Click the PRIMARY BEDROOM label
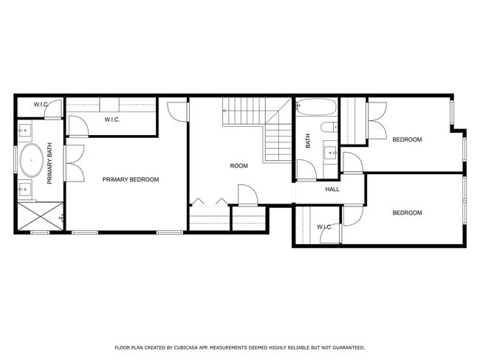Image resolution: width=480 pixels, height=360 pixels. click(131, 179)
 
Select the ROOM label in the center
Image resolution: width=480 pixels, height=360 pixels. click(239, 166)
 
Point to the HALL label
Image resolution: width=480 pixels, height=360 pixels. click(332, 190)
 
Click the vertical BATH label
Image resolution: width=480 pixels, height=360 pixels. click(308, 140)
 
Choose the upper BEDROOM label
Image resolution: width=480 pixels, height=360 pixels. click(406, 139)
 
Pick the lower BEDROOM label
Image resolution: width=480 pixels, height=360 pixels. click(406, 213)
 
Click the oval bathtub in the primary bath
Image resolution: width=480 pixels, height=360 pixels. click(31, 160)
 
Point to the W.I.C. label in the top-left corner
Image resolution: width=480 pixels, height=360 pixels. click(41, 105)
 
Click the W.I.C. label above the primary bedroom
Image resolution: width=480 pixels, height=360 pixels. click(112, 120)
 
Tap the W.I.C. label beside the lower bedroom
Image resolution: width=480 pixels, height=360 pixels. click(324, 227)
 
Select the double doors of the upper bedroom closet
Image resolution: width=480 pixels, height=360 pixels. click(377, 118)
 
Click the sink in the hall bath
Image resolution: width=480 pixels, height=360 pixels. click(330, 154)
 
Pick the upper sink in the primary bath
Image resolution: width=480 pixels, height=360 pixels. click(26, 132)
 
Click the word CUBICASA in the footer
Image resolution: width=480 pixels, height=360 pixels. click(185, 347)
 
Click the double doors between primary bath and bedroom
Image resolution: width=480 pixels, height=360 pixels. click(74, 162)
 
